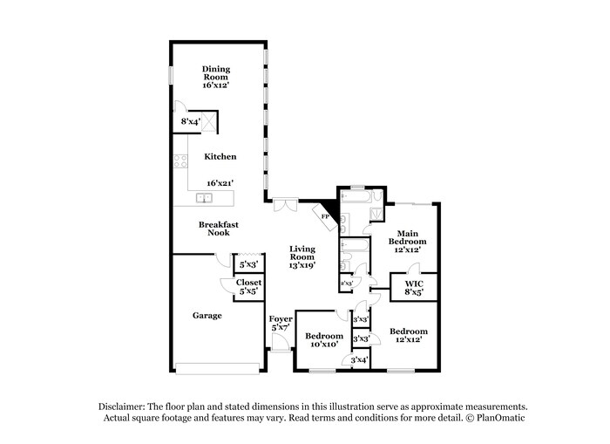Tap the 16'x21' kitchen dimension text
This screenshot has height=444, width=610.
click(219, 183)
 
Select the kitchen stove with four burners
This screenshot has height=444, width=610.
click(181, 161)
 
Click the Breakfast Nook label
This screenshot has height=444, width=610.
click(218, 229)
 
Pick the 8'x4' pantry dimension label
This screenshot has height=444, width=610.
click(190, 122)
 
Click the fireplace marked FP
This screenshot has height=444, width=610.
click(326, 216)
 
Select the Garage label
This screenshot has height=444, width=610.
click(207, 315)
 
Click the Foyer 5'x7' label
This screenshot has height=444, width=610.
click(281, 324)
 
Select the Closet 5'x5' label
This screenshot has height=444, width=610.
click(247, 287)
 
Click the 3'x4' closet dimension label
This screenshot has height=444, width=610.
click(360, 359)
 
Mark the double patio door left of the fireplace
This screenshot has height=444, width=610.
click(283, 205)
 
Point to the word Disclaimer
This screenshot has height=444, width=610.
click(121, 406)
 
